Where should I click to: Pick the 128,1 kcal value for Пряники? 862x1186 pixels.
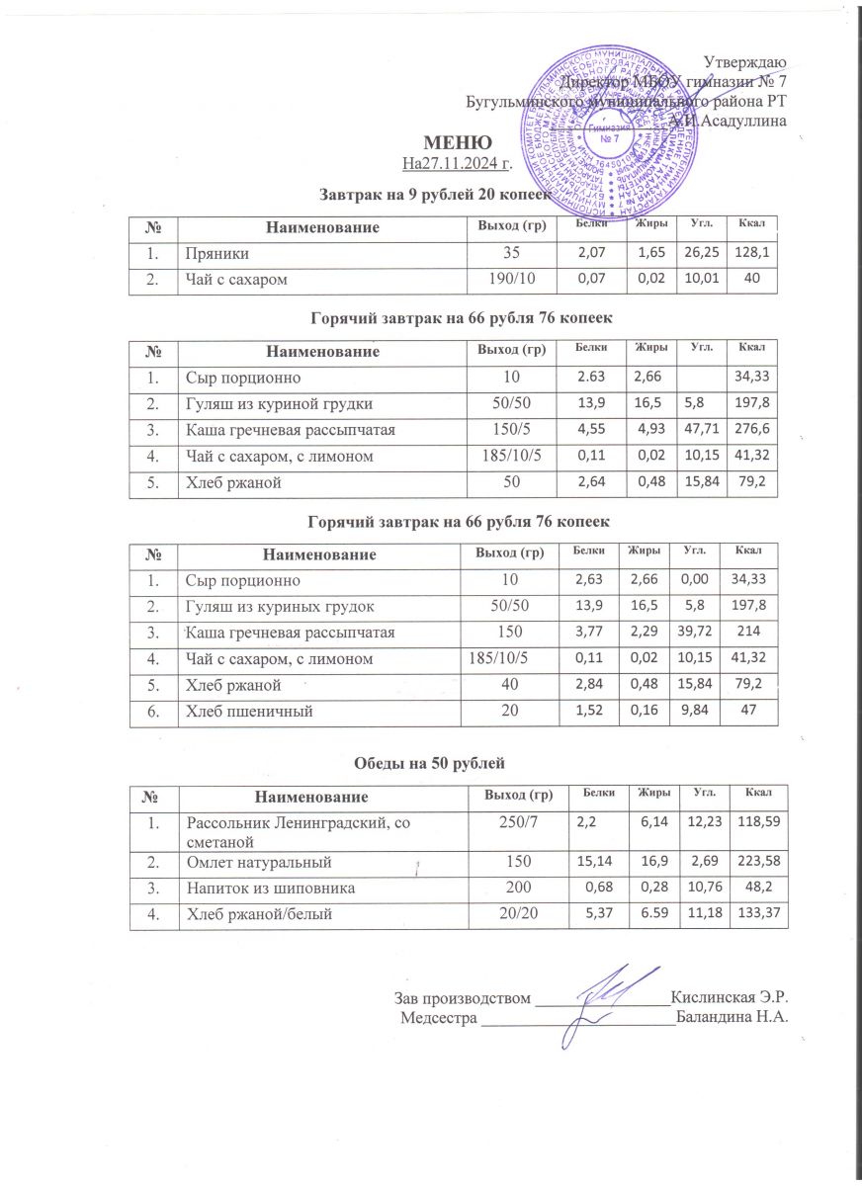(752, 255)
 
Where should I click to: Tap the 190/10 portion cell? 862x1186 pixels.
(512, 280)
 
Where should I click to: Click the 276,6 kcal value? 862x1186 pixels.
(752, 428)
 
